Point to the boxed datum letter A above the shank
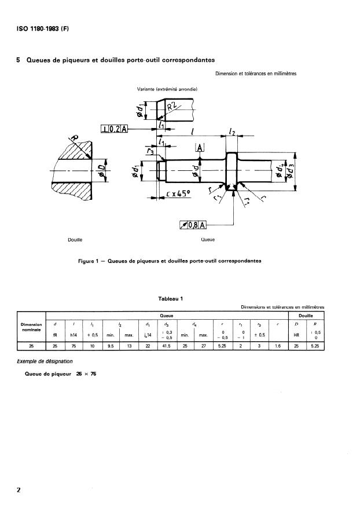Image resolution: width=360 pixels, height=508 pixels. pyautogui.click(x=200, y=148)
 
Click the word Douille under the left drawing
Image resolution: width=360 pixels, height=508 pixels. pyautogui.click(x=75, y=239)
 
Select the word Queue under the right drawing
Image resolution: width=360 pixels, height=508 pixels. pyautogui.click(x=207, y=239)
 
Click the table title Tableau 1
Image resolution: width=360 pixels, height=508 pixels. pyautogui.click(x=171, y=298)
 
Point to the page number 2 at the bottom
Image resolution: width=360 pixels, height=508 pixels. pyautogui.click(x=19, y=490)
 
